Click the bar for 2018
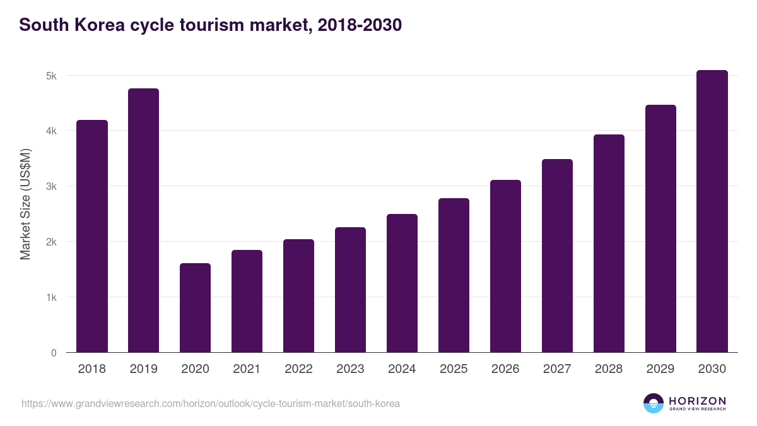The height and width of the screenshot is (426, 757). click(x=92, y=236)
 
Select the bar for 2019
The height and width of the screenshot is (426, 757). click(x=143, y=220)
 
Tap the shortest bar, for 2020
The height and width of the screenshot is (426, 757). click(x=195, y=307)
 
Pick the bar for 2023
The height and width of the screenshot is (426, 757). click(x=350, y=290)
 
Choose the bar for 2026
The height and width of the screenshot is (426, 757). click(x=505, y=266)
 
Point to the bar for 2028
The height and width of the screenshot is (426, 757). click(x=609, y=243)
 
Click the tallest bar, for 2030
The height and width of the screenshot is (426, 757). click(x=712, y=211)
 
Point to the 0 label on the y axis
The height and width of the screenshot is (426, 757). click(x=54, y=353)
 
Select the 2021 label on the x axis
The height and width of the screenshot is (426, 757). click(x=247, y=369)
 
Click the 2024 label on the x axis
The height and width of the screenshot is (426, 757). click(x=402, y=369)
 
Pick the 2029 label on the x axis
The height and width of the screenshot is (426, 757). click(x=660, y=369)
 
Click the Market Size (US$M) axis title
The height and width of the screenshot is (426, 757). click(x=25, y=204)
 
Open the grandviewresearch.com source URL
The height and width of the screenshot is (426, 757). click(x=211, y=403)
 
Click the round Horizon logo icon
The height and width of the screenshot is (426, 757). click(x=654, y=403)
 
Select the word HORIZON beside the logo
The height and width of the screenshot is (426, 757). click(x=697, y=401)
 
